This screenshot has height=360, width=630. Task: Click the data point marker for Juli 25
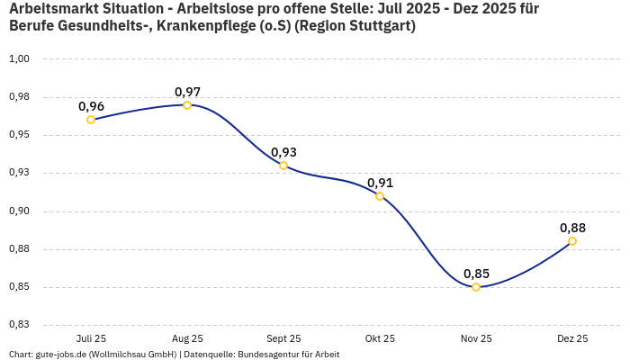[91, 120]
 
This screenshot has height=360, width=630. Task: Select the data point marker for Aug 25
[187, 105]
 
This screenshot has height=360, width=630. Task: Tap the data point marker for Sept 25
[283, 166]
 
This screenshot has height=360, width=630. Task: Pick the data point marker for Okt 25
[380, 196]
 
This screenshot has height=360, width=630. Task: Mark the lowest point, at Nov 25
[476, 287]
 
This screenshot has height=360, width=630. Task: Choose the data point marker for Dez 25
[572, 241]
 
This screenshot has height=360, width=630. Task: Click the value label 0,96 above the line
[91, 106]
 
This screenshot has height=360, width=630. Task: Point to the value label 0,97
[187, 92]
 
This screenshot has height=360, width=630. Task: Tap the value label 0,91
[380, 183]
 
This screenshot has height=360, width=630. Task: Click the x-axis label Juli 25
[91, 338]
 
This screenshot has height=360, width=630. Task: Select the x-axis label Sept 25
[283, 338]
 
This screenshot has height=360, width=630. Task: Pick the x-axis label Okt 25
[380, 338]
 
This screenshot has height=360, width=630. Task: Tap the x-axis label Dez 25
[572, 338]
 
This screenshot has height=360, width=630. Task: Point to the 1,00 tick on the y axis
[19, 59]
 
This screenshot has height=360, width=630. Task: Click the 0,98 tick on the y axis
[19, 97]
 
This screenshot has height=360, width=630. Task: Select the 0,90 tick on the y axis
[19, 211]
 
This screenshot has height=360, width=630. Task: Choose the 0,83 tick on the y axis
[19, 325]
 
